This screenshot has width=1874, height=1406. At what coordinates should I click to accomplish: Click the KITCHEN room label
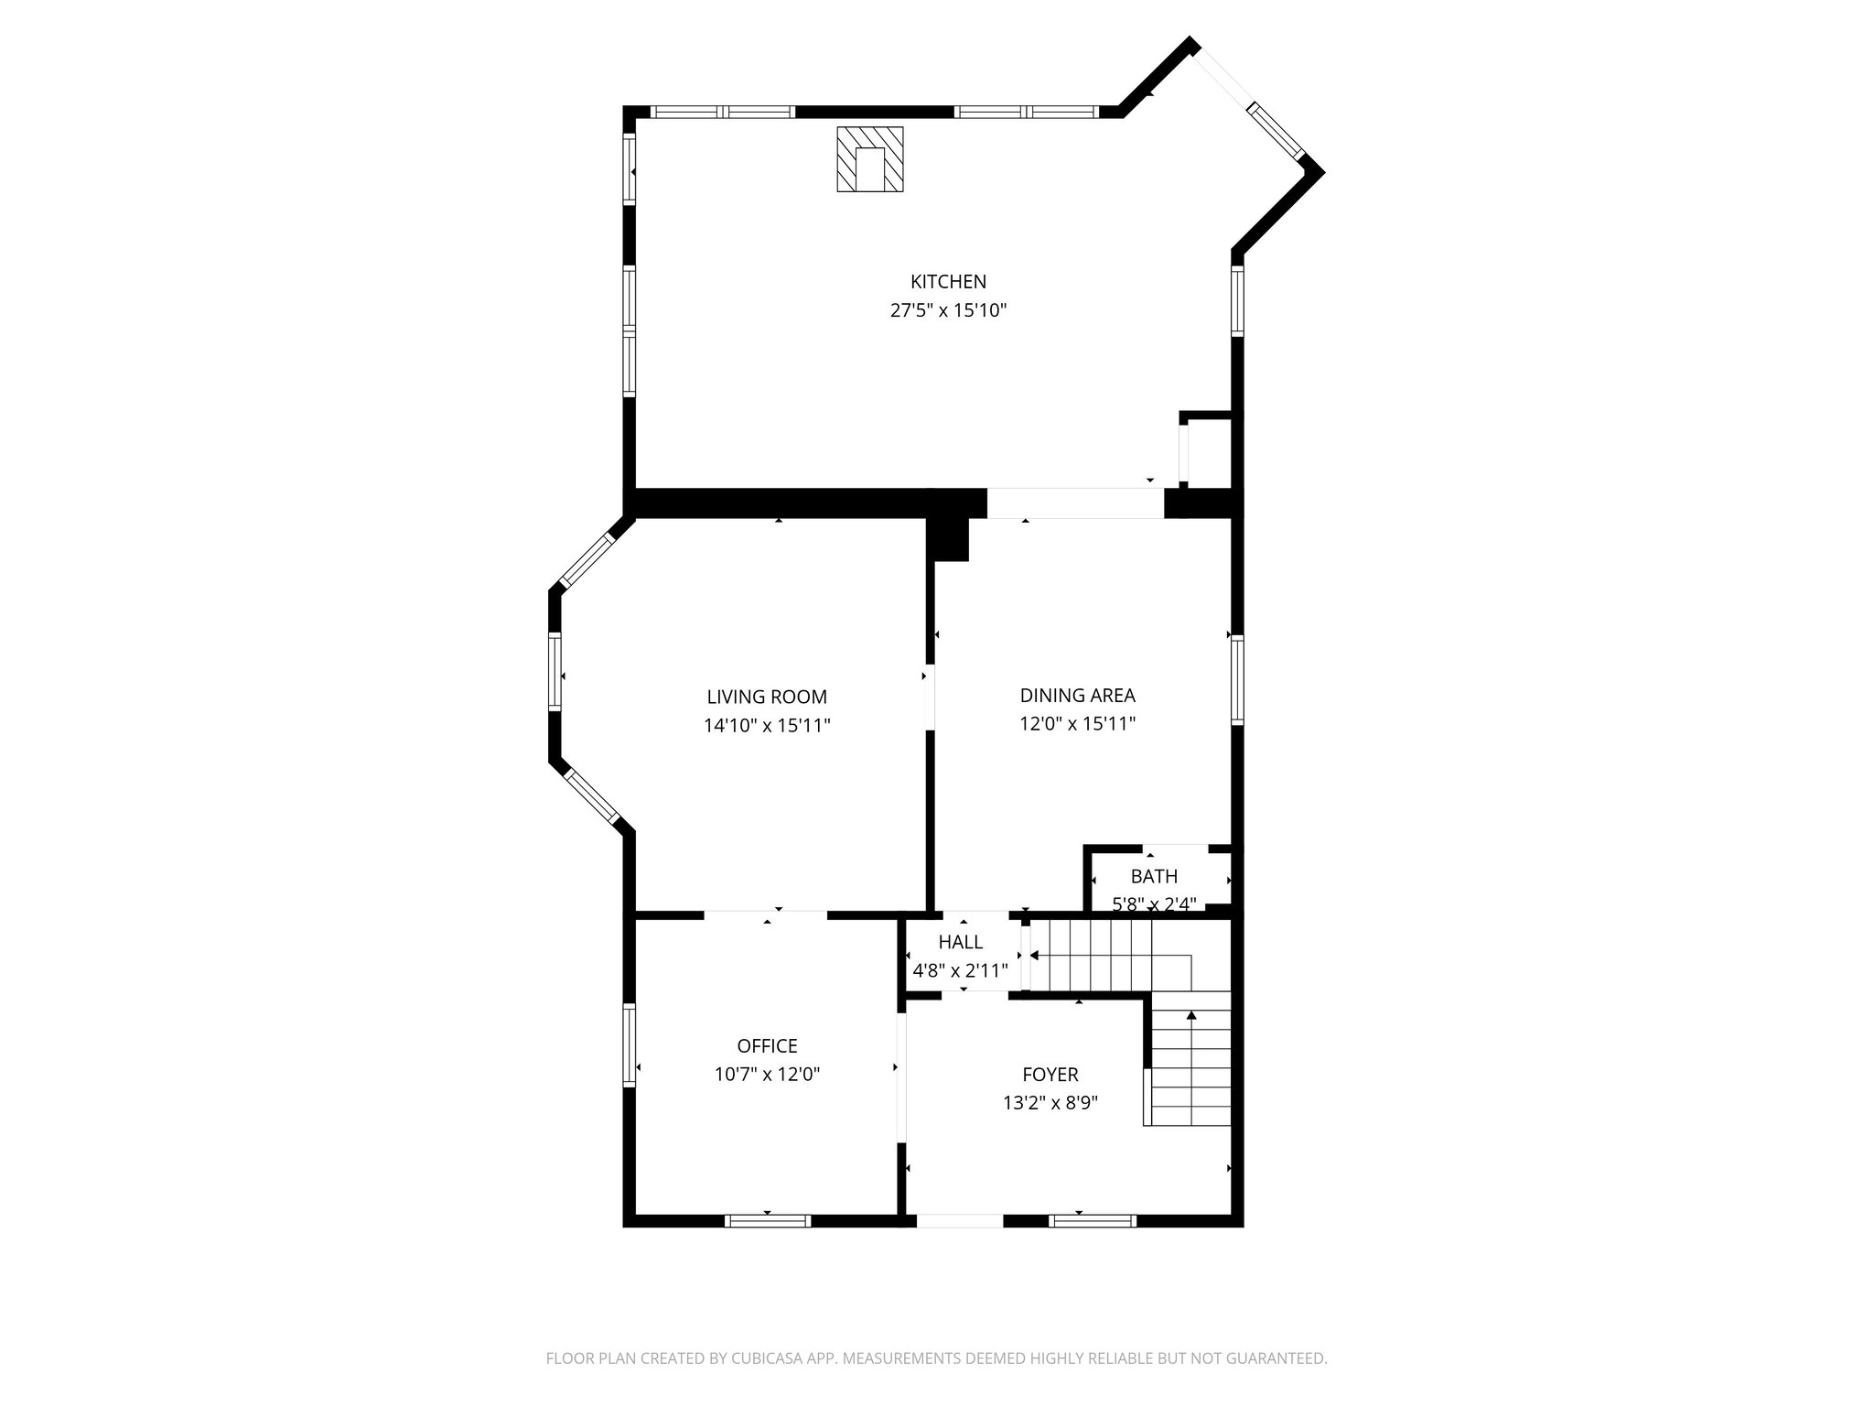coord(948,282)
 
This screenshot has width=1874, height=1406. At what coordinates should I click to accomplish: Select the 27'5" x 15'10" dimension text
coord(948,310)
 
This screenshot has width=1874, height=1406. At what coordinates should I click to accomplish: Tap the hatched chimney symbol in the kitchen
coord(869,159)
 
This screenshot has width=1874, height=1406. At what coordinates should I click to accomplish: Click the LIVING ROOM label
coord(767,697)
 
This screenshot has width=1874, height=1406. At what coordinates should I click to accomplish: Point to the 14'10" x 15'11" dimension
coord(767,726)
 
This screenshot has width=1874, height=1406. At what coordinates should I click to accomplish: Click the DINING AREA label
coord(1077,696)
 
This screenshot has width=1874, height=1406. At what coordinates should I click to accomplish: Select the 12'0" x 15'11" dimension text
coord(1077,724)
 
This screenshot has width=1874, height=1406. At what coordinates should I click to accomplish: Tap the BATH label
coord(1154,877)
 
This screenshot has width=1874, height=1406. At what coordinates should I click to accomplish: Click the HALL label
coord(961,942)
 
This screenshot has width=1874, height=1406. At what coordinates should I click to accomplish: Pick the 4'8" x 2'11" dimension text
coord(961,971)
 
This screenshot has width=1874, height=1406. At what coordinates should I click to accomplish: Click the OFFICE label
coord(767,1045)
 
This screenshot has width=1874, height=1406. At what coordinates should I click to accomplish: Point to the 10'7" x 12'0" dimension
coord(767,1075)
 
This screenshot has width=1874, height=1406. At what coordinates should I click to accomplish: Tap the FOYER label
coord(1050,1075)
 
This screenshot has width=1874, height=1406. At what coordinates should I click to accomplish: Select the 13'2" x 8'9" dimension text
coord(1050,1103)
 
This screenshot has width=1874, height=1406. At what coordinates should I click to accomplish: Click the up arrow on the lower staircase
coord(1191,1016)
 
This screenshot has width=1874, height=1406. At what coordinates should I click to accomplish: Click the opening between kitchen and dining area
coord(1074,503)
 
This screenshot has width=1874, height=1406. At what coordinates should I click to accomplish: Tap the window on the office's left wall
coord(630,1045)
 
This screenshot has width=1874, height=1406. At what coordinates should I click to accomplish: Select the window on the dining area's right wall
coord(1237,679)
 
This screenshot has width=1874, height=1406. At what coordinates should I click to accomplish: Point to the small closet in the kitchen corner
coord(1209,452)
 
